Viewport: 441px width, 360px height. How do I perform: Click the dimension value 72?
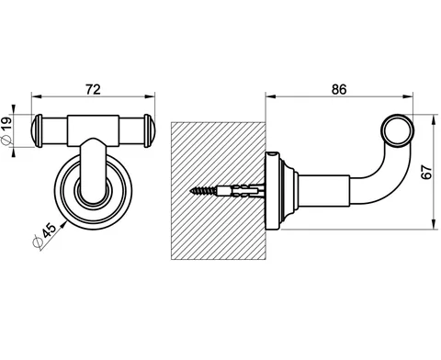point(93,89)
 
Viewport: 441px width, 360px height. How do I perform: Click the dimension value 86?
point(339,89)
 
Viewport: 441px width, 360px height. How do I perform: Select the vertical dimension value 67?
point(426,172)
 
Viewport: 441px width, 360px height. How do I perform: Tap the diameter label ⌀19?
point(6,131)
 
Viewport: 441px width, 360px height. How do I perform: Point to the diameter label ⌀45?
point(45,235)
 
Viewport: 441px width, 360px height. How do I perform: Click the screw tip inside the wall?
point(192,191)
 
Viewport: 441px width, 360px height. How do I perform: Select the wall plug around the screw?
point(241,191)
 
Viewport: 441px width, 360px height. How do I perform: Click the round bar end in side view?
point(398,131)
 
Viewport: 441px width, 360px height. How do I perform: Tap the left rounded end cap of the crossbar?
point(37,130)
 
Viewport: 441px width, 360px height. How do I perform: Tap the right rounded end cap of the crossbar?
point(150,130)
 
